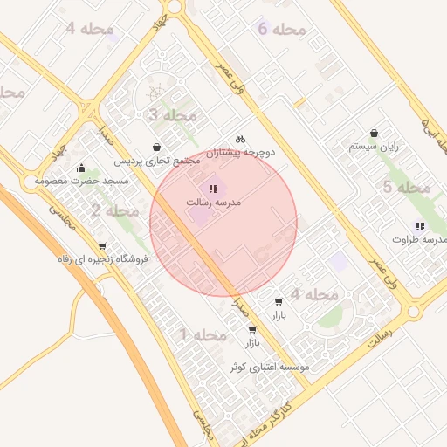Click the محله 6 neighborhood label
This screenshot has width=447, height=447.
pos(282,29)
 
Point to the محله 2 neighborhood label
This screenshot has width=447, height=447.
pos(114,210)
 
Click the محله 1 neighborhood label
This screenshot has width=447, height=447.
pos(203,334)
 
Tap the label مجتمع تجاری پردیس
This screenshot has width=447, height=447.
pos(157,162)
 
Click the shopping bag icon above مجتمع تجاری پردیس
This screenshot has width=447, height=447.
pos(156,147)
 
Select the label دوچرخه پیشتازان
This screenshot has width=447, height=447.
pos(240,152)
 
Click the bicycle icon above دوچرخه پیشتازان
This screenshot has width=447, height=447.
pos(241,138)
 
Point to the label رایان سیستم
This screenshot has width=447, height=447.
pos(374,147)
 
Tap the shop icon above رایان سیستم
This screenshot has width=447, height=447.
pos(375,133)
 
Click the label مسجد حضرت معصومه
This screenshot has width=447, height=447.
pos(81,182)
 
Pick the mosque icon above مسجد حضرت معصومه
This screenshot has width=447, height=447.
pos(82,168)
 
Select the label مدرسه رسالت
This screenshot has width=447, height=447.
pos(213,202)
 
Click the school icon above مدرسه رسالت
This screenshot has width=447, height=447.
pos(213,188)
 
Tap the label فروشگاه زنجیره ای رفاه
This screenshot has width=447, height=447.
pos(103,259)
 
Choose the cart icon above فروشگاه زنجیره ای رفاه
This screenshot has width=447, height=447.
pos(103,245)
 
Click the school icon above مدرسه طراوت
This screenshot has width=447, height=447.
pos(421,226)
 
